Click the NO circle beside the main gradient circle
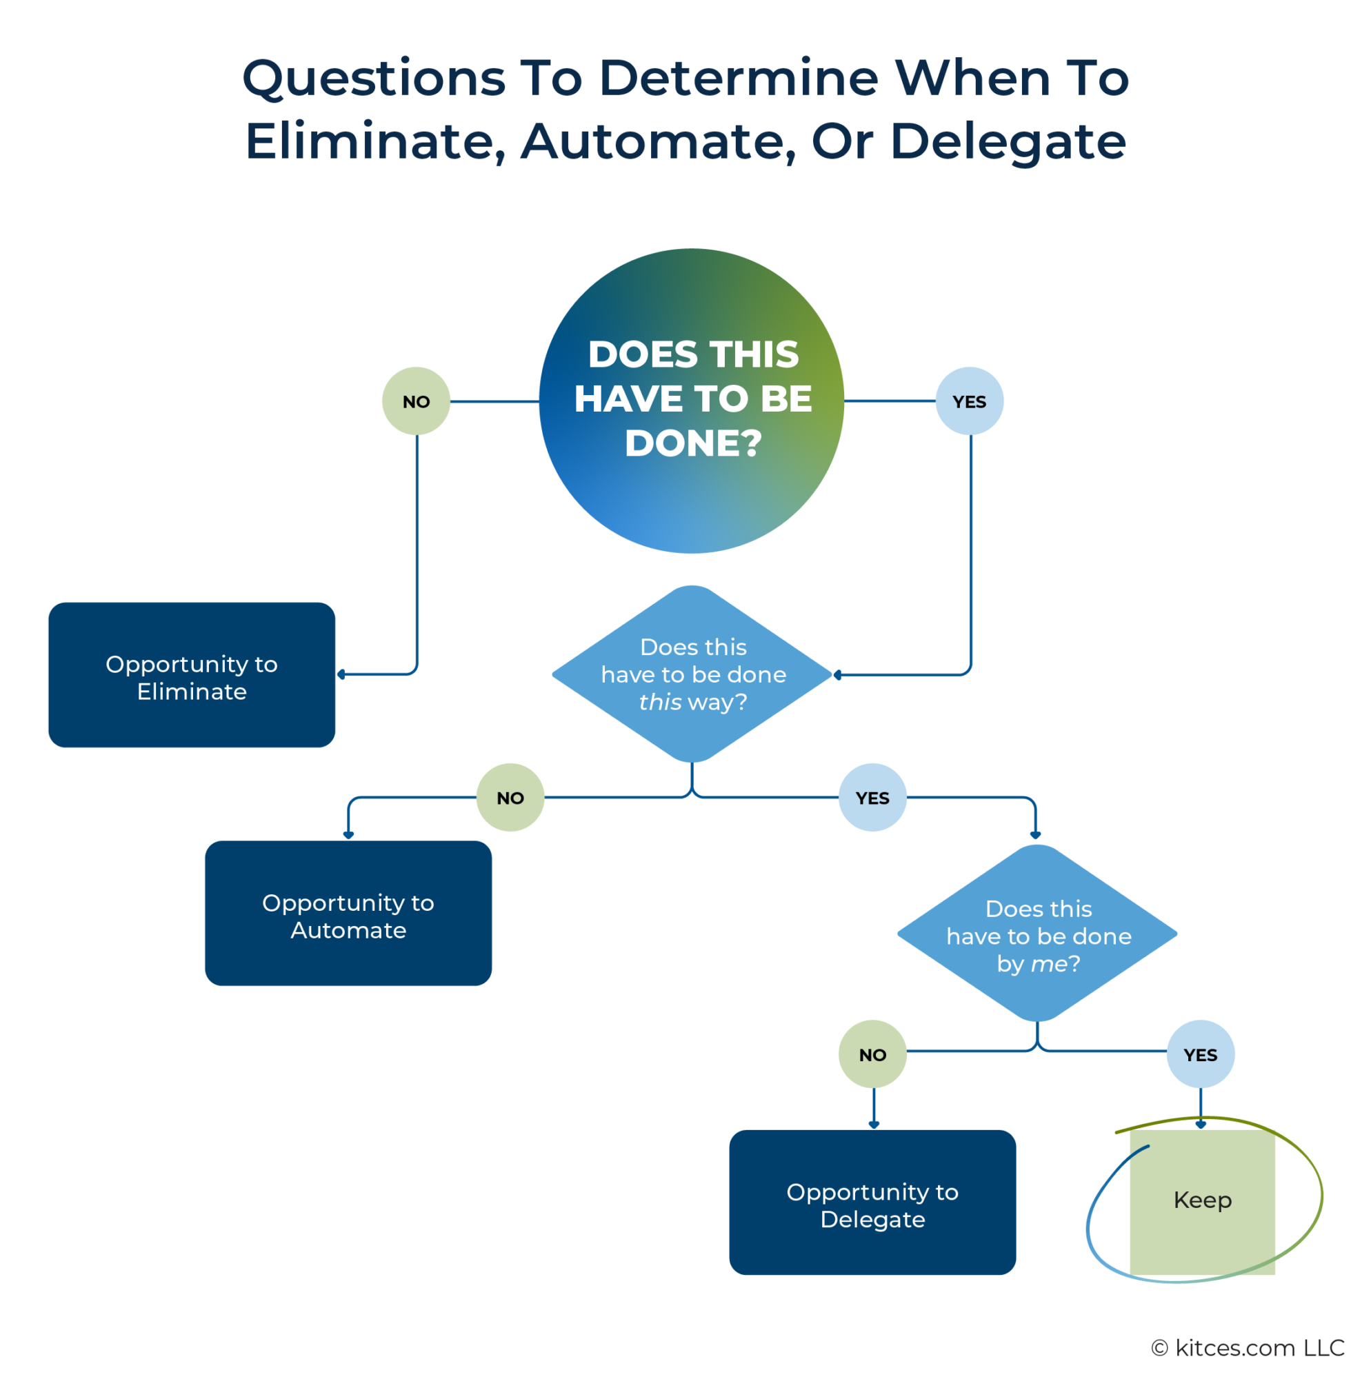pos(416,401)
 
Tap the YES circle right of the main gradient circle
pos(969,401)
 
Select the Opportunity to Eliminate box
pos(191,674)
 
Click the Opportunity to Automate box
pos(348,913)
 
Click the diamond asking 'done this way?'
pos(692,674)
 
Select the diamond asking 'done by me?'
pos(1037,936)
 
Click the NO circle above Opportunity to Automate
pos(510,797)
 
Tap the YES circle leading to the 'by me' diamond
pos(872,797)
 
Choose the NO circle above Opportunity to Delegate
pos(872,1054)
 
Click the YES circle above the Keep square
pos(1201,1054)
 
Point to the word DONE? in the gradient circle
pos(693,443)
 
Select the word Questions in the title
pos(374,79)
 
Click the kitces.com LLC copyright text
pos(1248,1347)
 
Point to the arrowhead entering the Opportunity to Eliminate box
pos(341,674)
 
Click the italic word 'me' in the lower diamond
pos(1048,965)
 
